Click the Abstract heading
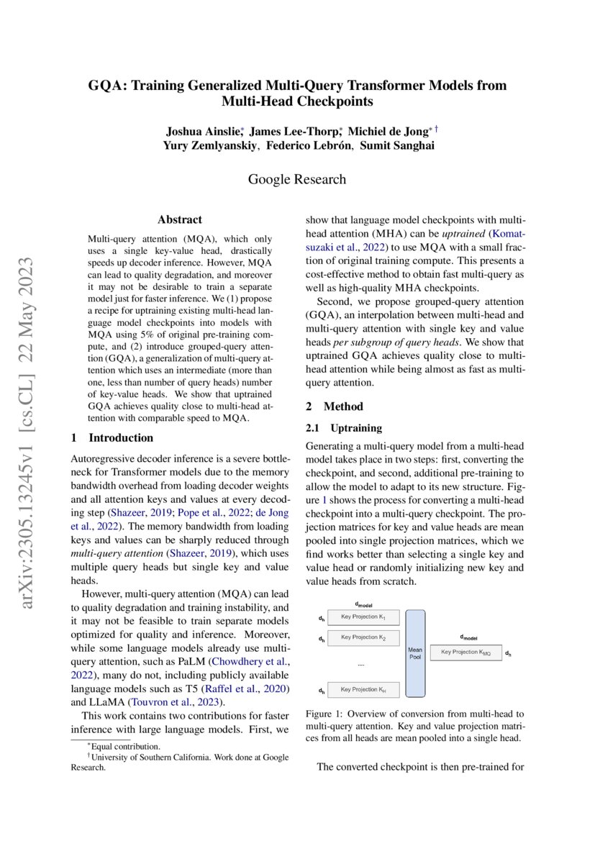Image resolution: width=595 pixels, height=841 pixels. tap(179, 220)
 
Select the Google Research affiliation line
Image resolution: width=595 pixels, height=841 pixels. tap(297, 179)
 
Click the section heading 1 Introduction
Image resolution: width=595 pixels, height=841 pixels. tap(112, 437)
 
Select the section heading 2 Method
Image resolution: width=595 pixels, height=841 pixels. tap(335, 406)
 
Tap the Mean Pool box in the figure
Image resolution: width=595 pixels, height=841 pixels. tap(415, 653)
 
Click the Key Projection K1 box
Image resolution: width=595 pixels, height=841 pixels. tap(363, 618)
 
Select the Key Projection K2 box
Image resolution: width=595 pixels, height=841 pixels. tap(363, 637)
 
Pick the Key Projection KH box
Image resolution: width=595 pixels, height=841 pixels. tap(363, 690)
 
